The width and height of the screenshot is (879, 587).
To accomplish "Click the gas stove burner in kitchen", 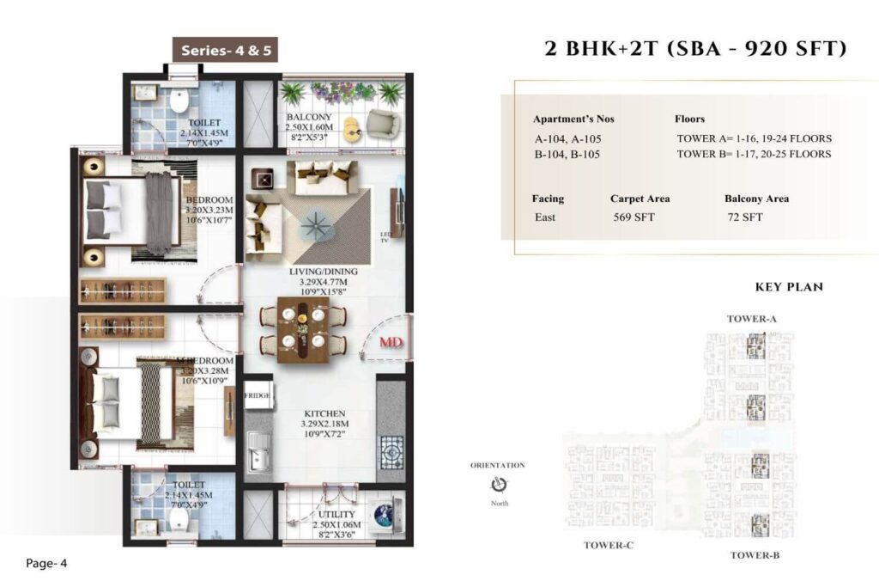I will (x=391, y=449).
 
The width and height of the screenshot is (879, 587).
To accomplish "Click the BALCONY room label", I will (x=310, y=117).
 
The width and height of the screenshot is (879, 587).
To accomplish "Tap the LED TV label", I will (x=386, y=236).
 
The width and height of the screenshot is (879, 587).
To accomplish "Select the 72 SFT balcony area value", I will (x=744, y=217).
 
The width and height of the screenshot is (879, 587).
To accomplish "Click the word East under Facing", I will (x=544, y=217).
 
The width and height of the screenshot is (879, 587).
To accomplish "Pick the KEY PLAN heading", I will (x=788, y=287).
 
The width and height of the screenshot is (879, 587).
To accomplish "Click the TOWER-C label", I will (x=609, y=545).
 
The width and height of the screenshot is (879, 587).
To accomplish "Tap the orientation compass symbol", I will (x=497, y=485).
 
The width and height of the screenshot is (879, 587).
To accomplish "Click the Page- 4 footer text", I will (x=46, y=564).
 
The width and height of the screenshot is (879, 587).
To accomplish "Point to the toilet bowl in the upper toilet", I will (x=179, y=102).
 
